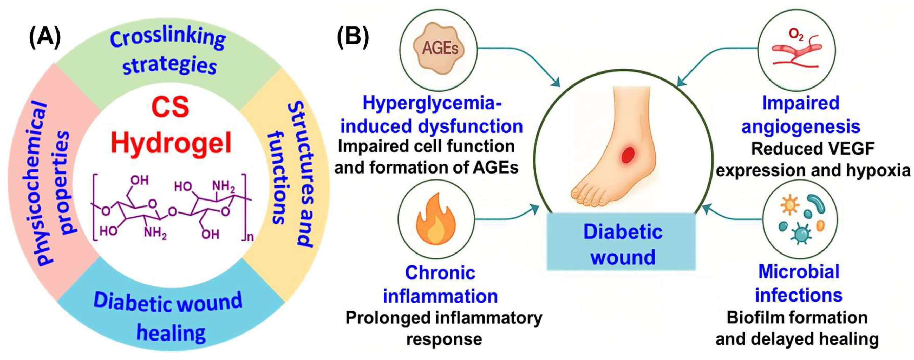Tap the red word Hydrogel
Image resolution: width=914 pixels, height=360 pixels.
pyautogui.click(x=171, y=143)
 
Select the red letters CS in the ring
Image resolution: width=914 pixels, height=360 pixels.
pyautogui.click(x=170, y=108)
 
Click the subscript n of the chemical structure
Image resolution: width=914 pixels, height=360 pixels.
pyautogui.click(x=250, y=237)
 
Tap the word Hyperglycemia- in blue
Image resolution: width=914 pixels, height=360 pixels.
pyautogui.click(x=432, y=103)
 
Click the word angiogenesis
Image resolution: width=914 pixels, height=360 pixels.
pyautogui.click(x=801, y=126)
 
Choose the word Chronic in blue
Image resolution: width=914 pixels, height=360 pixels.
pyautogui.click(x=440, y=273)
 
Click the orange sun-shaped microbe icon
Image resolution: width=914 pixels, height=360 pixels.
pyautogui.click(x=787, y=206)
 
